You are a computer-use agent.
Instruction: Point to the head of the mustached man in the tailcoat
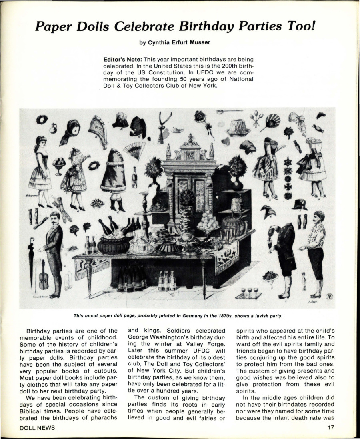click(x=55, y=218)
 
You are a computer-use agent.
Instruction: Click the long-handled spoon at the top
click(x=229, y=112)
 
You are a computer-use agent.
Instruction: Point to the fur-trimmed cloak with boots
click(x=113, y=176)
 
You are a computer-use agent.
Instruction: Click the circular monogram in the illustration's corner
click(x=328, y=296)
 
